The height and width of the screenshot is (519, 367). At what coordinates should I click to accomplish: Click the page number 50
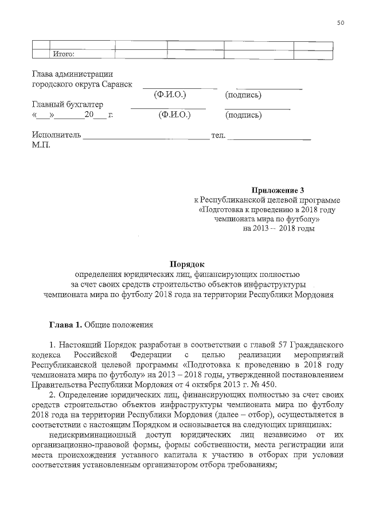click(341, 23)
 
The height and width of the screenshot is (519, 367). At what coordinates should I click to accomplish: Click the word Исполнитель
click(57, 136)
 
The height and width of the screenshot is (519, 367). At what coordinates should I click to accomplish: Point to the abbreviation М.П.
click(41, 146)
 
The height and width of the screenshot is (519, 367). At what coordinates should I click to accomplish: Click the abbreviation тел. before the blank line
click(220, 136)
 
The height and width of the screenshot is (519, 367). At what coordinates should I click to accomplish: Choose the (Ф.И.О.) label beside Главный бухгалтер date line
click(174, 115)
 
